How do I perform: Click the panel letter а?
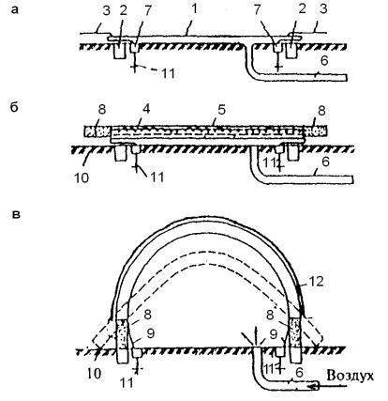pyautogui.click(x=15, y=9)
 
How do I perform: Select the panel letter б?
pyautogui.click(x=14, y=107)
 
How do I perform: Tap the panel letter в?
pyautogui.click(x=16, y=215)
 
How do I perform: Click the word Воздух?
pyautogui.click(x=350, y=376)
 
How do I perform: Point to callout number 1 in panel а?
pyautogui.click(x=195, y=8)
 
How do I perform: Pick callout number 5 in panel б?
pyautogui.click(x=221, y=110)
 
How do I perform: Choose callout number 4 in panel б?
pyautogui.click(x=146, y=109)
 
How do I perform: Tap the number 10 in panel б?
pyautogui.click(x=82, y=177)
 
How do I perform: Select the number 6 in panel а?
pyautogui.click(x=324, y=60)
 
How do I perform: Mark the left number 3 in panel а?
pyautogui.click(x=106, y=10)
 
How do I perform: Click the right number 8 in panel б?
pyautogui.click(x=321, y=111)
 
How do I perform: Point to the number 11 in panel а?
pyautogui.click(x=168, y=73)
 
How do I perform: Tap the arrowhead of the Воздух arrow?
pyautogui.click(x=312, y=387)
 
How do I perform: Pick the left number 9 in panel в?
pyautogui.click(x=151, y=333)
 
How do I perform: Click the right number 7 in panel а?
pyautogui.click(x=257, y=9)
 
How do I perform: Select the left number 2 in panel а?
pyautogui.click(x=123, y=10)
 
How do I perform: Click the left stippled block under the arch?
pyautogui.click(x=122, y=334)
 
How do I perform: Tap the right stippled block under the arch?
pyautogui.click(x=295, y=333)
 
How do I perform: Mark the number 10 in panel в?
pyautogui.click(x=95, y=373)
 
